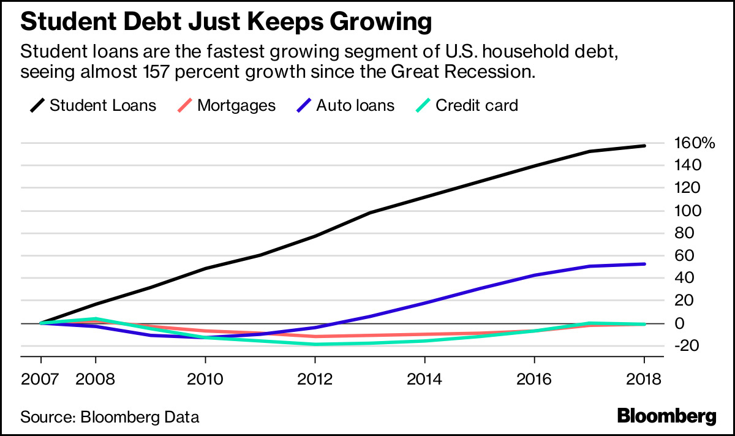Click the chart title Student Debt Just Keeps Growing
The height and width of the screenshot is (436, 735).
(x=227, y=22)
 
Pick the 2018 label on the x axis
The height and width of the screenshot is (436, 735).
(x=644, y=378)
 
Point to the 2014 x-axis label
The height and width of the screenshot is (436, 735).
(x=425, y=378)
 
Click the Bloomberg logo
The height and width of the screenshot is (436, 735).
(x=666, y=416)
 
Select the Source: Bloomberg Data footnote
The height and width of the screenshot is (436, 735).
(x=110, y=418)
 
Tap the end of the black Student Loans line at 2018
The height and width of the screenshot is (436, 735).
(x=644, y=146)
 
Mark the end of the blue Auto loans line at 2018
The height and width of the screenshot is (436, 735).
(x=644, y=264)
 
